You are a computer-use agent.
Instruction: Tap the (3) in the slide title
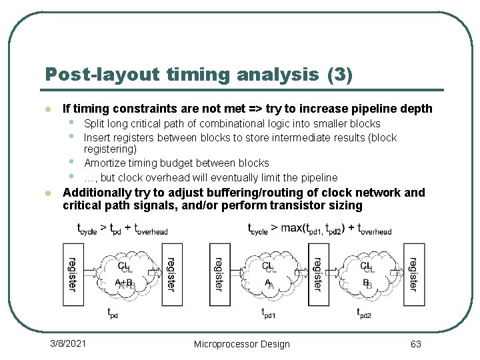click(340, 74)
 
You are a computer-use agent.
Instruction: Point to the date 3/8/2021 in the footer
click(68, 343)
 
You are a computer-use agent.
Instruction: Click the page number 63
click(415, 344)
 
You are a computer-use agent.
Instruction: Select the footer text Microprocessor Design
click(241, 344)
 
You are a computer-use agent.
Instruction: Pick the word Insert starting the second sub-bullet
click(97, 138)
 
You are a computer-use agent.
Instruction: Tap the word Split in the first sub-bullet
click(94, 124)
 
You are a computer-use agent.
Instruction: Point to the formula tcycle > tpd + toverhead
click(122, 229)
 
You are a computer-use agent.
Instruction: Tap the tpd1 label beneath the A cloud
click(268, 313)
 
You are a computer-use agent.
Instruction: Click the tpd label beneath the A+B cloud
click(113, 312)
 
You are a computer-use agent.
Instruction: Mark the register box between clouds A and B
click(318, 274)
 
